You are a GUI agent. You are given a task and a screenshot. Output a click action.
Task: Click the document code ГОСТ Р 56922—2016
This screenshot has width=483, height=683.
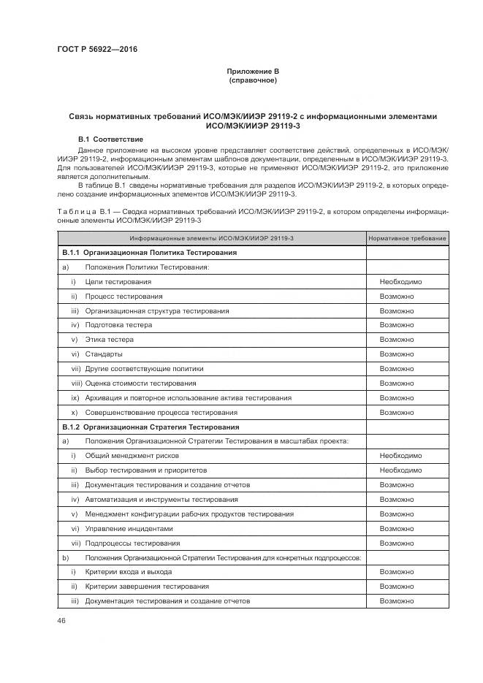[x=96, y=50]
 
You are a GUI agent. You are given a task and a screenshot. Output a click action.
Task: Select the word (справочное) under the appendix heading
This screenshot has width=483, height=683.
[x=252, y=80]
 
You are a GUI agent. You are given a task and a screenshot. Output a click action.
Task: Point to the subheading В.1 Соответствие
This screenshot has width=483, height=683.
[x=110, y=139]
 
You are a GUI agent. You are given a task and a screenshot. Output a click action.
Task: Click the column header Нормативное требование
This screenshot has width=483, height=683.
[x=406, y=239]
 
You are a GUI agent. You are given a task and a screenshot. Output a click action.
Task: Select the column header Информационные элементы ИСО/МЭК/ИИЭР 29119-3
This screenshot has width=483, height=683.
[x=212, y=239]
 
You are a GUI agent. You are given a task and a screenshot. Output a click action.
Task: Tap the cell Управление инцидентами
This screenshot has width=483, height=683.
[x=129, y=528]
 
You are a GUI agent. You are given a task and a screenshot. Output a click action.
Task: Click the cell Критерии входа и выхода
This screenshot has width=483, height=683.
[x=129, y=572]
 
